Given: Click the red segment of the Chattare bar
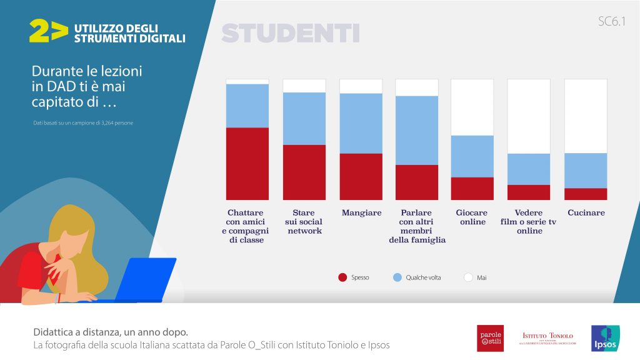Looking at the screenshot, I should [247, 164].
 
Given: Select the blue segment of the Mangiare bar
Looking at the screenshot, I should [361, 123].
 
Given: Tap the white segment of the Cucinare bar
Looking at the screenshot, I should [586, 116].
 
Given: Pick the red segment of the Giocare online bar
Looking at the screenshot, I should [472, 188].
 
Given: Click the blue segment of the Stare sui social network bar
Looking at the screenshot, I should [304, 119].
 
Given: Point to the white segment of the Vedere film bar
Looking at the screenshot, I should [529, 116].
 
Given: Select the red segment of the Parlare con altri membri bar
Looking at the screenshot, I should [417, 182].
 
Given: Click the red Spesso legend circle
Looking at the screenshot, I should [342, 277].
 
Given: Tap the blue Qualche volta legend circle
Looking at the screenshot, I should [397, 277].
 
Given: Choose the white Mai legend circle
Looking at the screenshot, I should [468, 277].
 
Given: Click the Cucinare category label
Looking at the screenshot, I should [586, 212].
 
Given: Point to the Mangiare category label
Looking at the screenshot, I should [361, 212].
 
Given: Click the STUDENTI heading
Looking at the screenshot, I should [290, 33].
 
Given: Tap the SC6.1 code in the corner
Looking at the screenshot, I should [611, 22].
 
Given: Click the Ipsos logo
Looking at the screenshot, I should [604, 338].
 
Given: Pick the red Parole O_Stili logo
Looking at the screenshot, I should [490, 338].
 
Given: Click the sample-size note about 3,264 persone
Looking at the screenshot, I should [83, 123].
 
